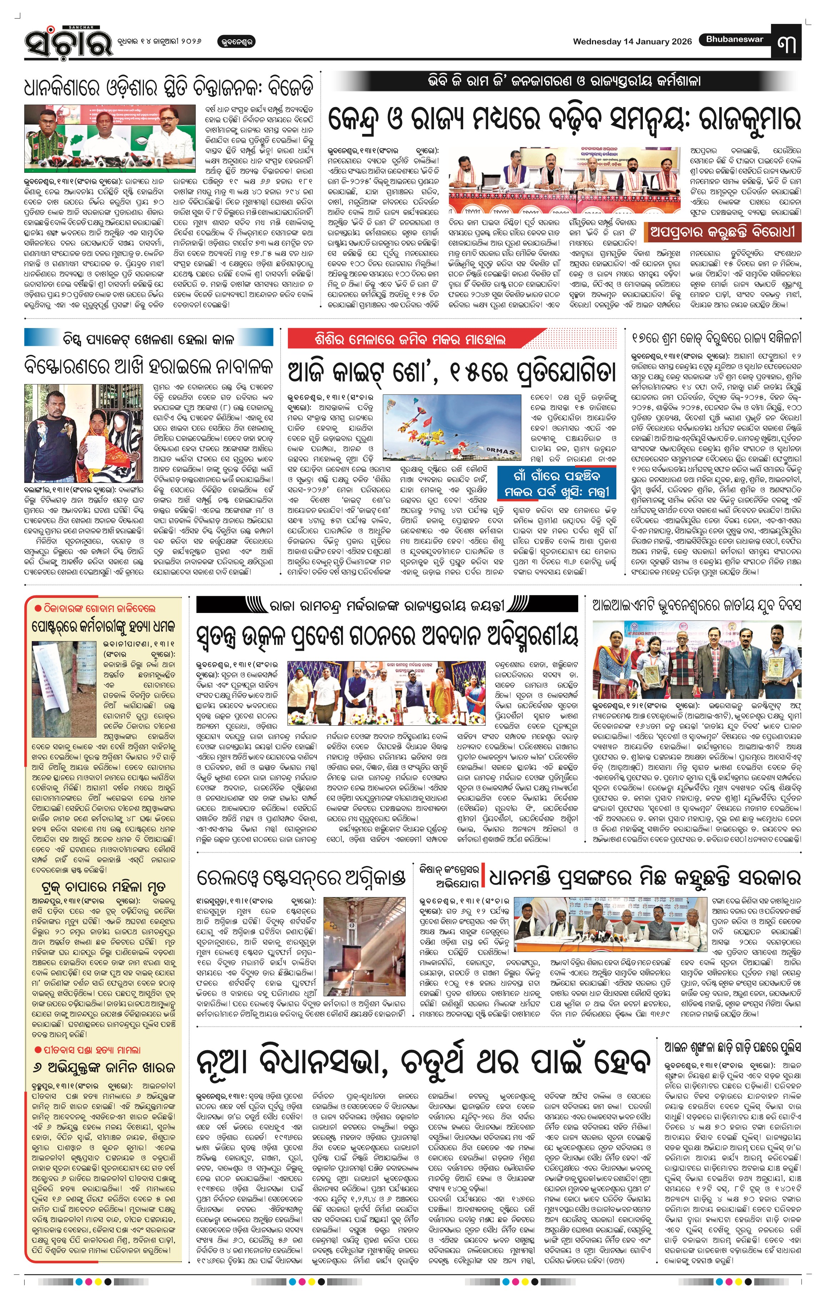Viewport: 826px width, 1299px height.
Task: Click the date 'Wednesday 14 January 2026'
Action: (x=632, y=41)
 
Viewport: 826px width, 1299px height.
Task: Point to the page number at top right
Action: (x=787, y=44)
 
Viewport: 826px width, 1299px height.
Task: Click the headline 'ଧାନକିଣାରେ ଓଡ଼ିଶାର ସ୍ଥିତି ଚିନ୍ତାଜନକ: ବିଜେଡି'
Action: (x=168, y=88)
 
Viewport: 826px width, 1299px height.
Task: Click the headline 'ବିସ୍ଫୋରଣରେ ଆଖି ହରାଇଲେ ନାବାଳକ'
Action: (x=148, y=367)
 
